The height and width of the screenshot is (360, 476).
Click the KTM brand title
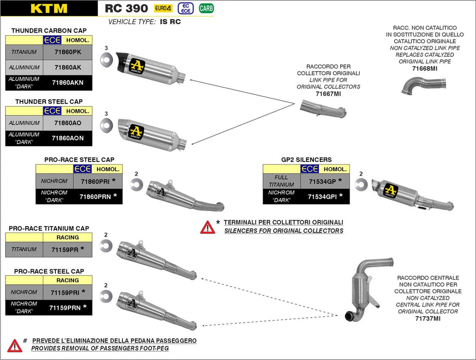pyautogui.click(x=49, y=8)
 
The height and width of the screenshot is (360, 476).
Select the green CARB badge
pyautogui.click(x=206, y=8)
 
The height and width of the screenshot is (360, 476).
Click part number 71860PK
pyautogui.click(x=67, y=52)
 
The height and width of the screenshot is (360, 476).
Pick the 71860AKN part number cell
pyautogui.click(x=67, y=82)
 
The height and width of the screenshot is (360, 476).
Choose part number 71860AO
pyautogui.click(x=67, y=123)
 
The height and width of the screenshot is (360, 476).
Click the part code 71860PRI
pyautogui.click(x=94, y=181)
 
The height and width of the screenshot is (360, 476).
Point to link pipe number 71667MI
pyautogui.click(x=328, y=93)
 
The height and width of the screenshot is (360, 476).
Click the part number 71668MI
pyautogui.click(x=425, y=68)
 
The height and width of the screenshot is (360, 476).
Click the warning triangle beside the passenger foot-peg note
pyautogui.click(x=14, y=345)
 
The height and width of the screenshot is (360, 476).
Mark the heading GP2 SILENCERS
pyautogui.click(x=306, y=160)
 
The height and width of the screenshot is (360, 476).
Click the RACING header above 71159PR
pyautogui.click(x=67, y=237)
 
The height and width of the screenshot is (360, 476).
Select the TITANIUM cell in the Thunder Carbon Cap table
pyautogui.click(x=24, y=52)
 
